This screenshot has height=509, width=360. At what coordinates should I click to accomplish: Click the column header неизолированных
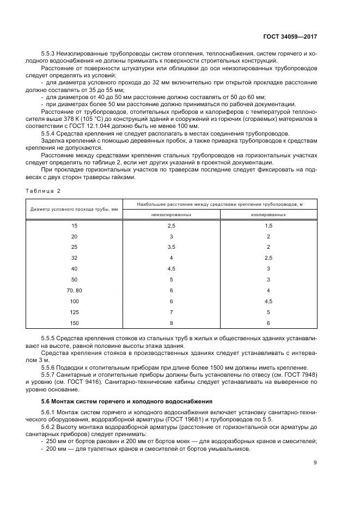[171, 214]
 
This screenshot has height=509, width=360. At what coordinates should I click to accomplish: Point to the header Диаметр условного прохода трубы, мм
[75, 209]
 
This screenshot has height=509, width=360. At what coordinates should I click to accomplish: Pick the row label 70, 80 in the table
[75, 291]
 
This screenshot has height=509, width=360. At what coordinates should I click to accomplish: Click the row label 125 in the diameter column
[75, 312]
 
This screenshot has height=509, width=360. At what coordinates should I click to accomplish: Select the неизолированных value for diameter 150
[171, 323]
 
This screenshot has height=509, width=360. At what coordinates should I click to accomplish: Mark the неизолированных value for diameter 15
[171, 225]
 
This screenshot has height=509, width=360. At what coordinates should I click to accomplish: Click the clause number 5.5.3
[50, 55]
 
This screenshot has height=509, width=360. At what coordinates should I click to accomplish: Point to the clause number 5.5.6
[50, 367]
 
